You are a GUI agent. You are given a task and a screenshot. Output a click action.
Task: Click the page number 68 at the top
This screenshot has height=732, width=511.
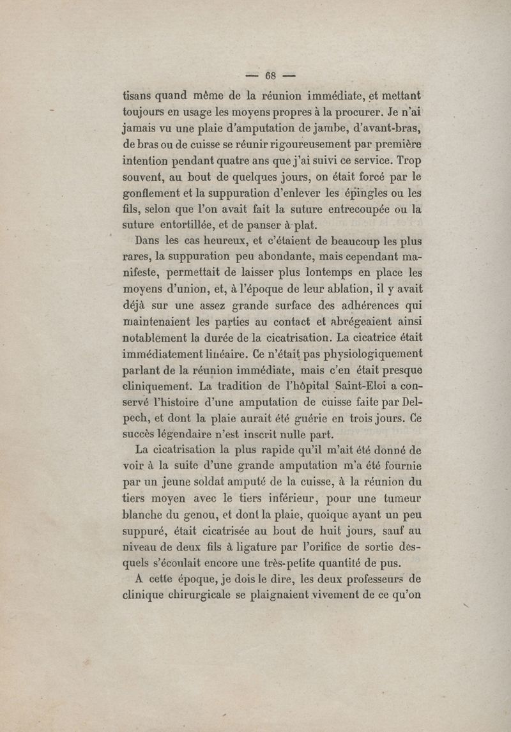click(270, 75)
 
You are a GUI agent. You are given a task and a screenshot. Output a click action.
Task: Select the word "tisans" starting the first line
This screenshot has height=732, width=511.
click(139, 96)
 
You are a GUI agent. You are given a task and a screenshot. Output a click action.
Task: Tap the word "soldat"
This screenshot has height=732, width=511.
click(221, 484)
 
